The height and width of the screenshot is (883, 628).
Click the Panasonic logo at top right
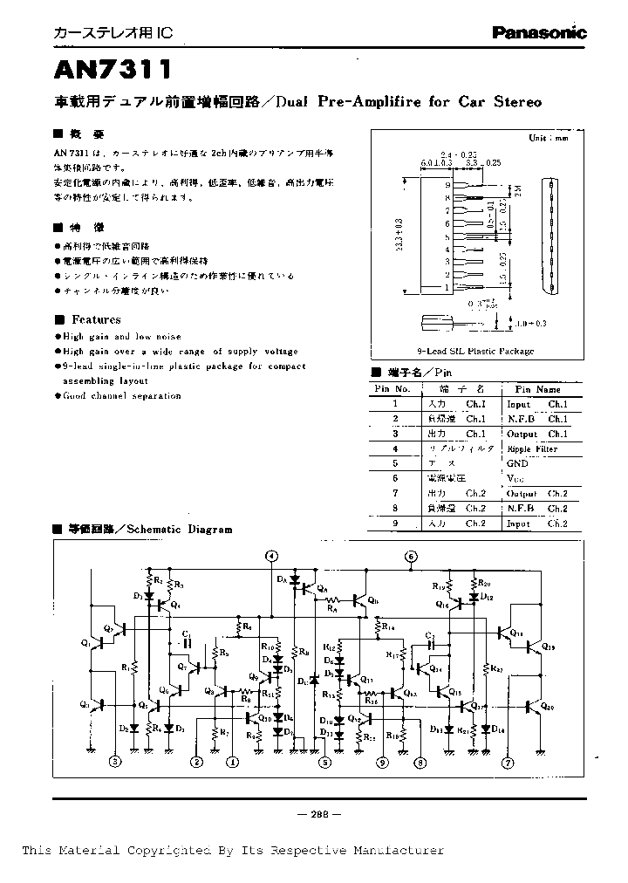click(x=539, y=32)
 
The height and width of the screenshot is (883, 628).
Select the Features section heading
click(x=96, y=319)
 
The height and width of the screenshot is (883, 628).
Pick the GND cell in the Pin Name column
click(x=517, y=463)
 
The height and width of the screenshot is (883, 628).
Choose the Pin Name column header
click(x=537, y=388)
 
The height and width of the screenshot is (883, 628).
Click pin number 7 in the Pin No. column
click(x=395, y=493)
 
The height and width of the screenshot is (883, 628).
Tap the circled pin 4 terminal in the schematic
click(x=272, y=556)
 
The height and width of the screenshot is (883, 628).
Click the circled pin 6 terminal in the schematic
click(x=410, y=556)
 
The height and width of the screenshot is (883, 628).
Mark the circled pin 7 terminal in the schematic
click(x=507, y=762)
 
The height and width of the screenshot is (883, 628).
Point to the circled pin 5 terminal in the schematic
click(x=324, y=762)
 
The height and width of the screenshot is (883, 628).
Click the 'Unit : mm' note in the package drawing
click(x=548, y=138)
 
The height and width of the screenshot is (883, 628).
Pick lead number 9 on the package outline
click(x=447, y=185)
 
